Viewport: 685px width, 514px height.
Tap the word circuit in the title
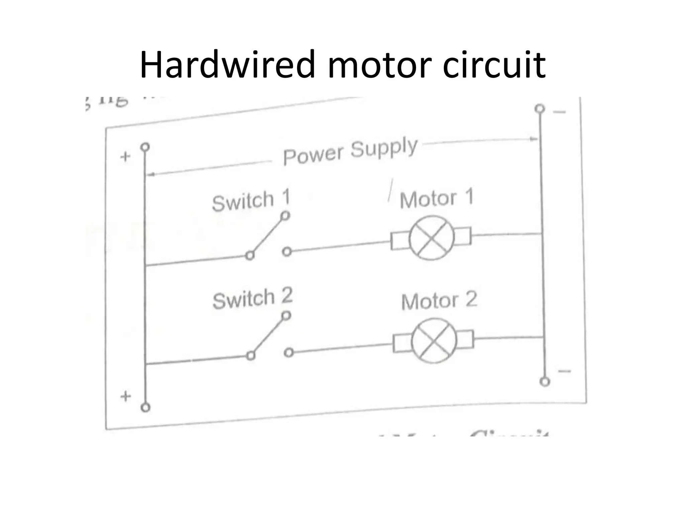coord(494,64)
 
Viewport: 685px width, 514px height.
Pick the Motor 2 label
coord(439,300)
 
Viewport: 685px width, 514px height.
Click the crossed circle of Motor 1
coord(432,238)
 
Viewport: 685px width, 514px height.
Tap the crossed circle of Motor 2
coord(434,341)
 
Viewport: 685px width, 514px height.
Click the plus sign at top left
coord(125,157)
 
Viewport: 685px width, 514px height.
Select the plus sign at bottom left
coord(125,396)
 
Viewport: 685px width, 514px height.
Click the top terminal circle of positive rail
coord(145,147)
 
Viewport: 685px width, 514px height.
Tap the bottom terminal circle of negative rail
coord(545,381)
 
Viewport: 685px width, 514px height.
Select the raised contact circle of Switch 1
coord(285,216)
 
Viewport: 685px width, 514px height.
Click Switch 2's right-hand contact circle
coord(289,353)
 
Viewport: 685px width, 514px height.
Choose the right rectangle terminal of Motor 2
coord(466,339)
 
